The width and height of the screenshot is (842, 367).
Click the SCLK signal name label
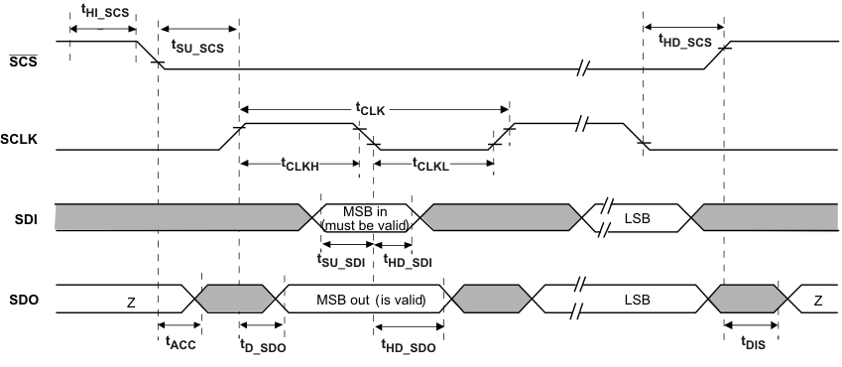pos(22,140)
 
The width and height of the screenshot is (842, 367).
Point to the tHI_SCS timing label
pos(102,13)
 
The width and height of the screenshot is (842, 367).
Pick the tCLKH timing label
pos(299,166)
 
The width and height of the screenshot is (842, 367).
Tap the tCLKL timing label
pos(429,166)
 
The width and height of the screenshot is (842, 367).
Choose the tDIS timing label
pos(751,342)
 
